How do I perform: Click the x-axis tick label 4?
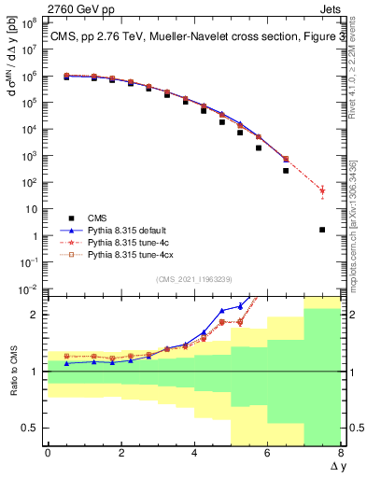click(x=194, y=455)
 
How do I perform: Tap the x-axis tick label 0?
click(x=48, y=455)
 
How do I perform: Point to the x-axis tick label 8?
click(x=341, y=455)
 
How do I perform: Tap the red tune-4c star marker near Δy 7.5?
click(x=322, y=190)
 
